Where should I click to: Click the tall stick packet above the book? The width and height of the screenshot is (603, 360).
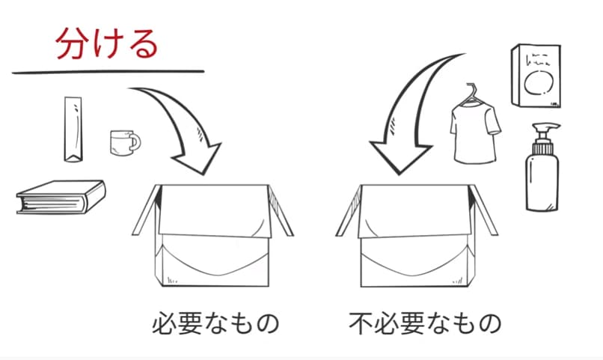click(73, 129)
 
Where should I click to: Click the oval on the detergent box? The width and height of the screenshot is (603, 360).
click(539, 82)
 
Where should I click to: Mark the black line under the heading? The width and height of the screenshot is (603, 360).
click(108, 72)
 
